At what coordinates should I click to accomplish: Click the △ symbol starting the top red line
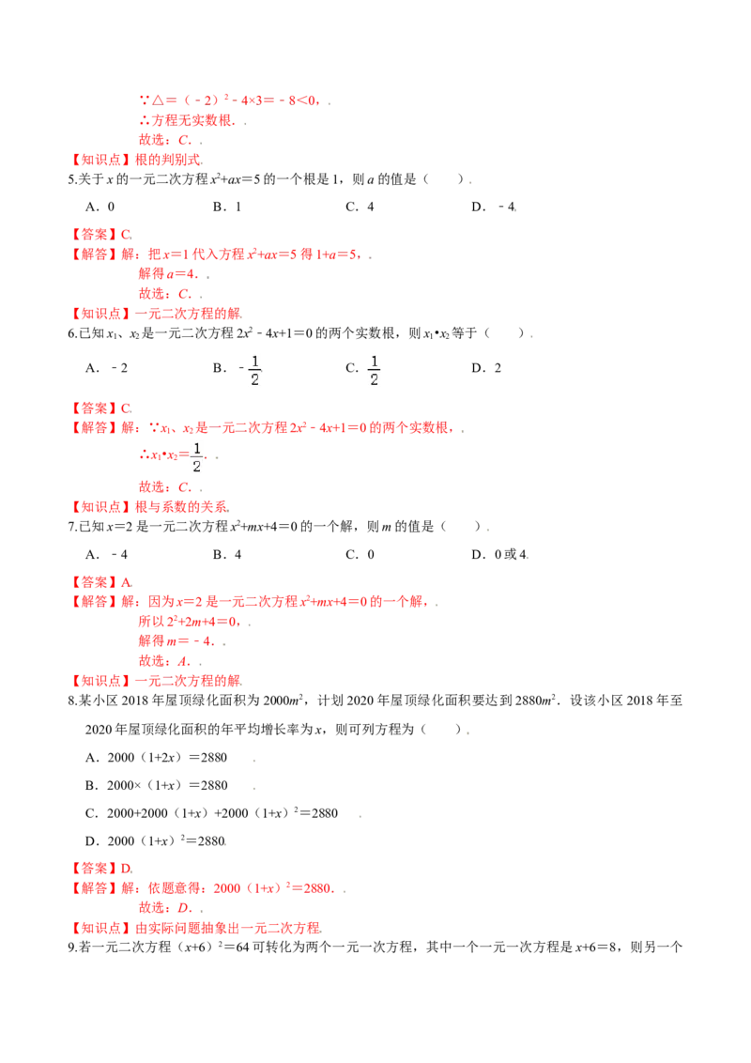pos(142,99)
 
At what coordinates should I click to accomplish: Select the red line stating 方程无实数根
pos(186,120)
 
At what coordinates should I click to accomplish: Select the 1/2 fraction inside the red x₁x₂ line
pos(197,457)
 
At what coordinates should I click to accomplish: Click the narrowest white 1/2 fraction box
pos(254,368)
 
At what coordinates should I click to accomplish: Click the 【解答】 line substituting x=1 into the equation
pos(221,254)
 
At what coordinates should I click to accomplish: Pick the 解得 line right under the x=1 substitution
pos(169,274)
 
